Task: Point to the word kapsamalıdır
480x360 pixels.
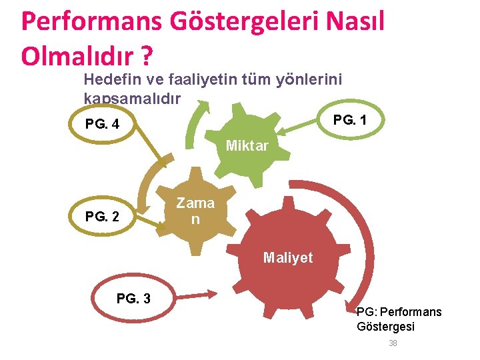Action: click(132, 98)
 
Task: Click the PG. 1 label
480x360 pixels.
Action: click(349, 120)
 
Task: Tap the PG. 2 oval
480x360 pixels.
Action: click(103, 217)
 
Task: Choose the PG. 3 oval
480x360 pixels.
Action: click(133, 297)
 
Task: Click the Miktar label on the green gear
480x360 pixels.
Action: click(247, 145)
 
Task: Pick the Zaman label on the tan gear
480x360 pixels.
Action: click(195, 211)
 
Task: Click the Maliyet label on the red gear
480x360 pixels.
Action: click(287, 257)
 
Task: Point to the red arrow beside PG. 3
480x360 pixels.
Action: click(194, 294)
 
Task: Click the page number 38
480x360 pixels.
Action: click(393, 343)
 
